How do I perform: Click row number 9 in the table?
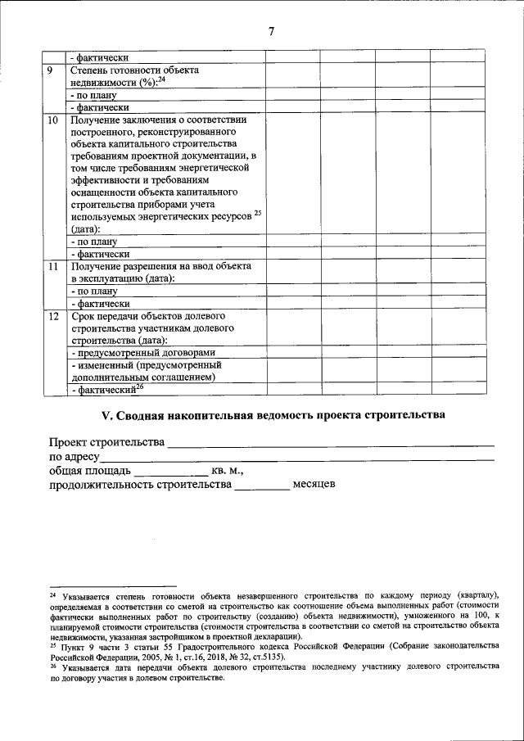coord(51,70)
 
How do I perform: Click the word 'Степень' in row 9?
coord(91,70)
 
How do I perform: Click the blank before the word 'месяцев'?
coord(262,488)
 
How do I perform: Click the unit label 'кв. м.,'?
coord(228,472)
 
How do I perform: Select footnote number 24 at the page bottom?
coord(53,594)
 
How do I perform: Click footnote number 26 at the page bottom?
coord(53,665)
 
